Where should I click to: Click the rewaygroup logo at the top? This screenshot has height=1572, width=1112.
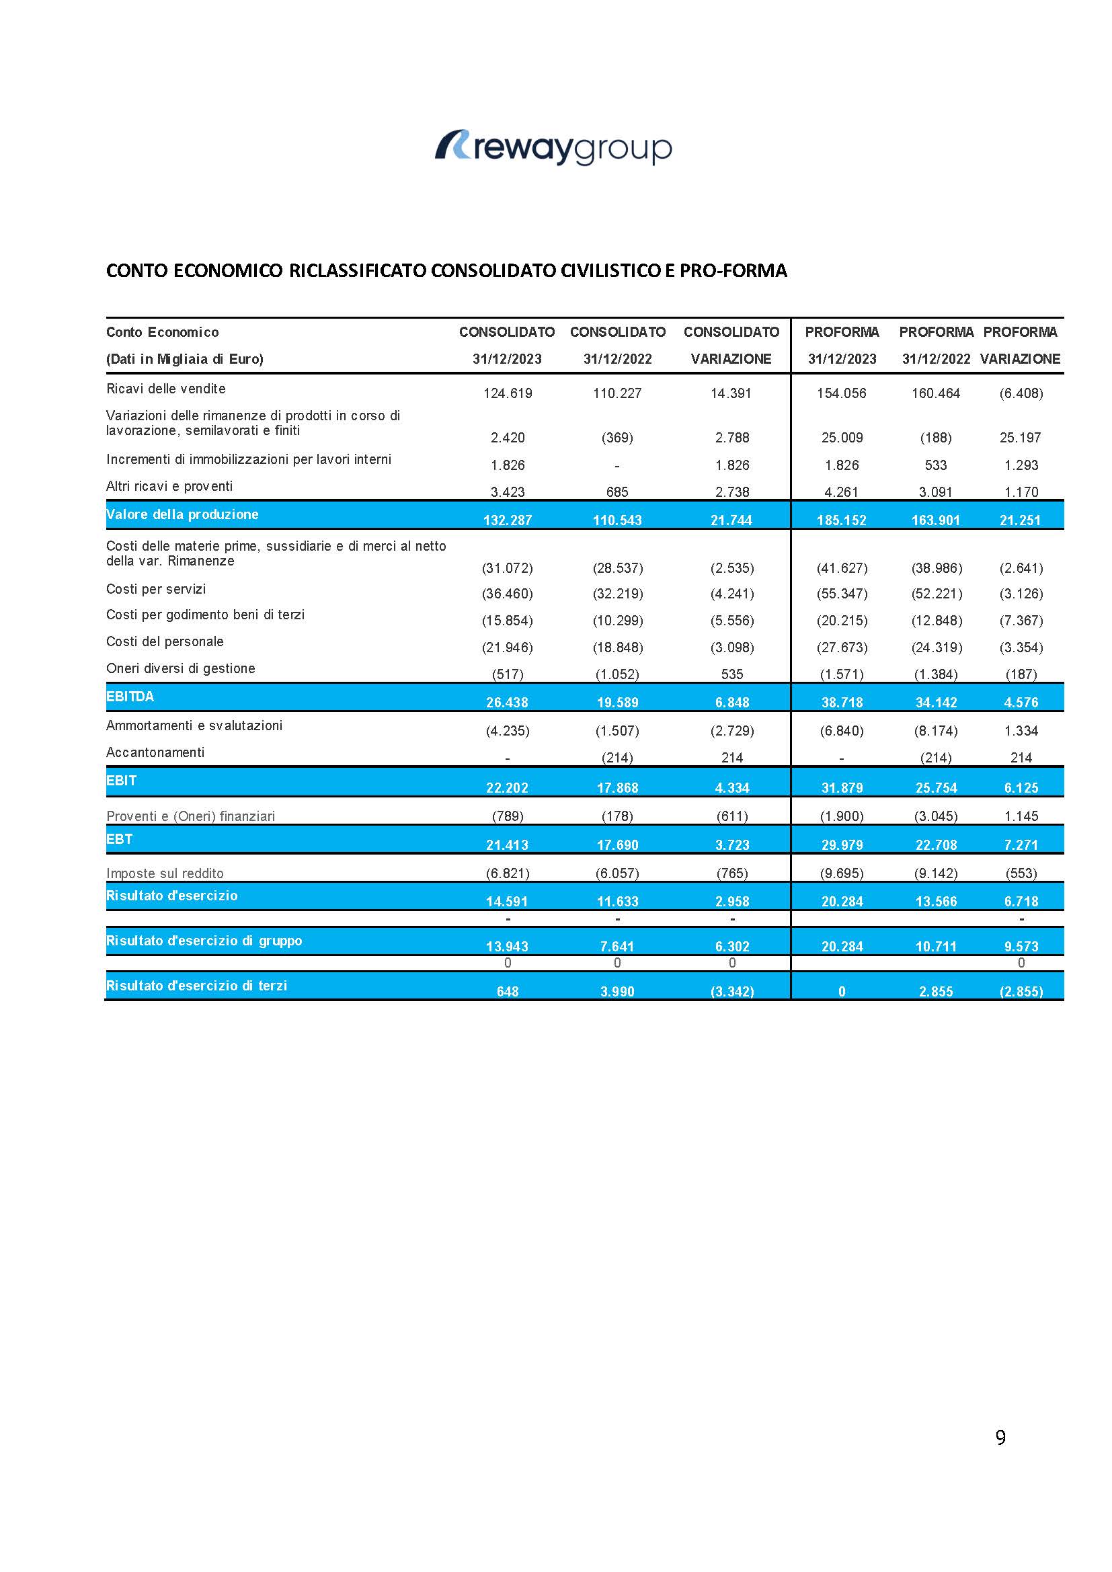(x=553, y=147)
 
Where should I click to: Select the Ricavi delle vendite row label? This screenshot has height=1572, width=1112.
(x=165, y=389)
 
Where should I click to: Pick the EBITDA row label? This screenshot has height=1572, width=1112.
(x=130, y=697)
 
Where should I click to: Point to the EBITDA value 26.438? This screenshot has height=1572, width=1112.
(x=508, y=703)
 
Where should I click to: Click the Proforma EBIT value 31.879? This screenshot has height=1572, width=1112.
(x=842, y=788)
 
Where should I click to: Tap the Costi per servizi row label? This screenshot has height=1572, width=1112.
(x=156, y=589)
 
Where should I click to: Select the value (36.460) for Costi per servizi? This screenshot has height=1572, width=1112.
(x=508, y=594)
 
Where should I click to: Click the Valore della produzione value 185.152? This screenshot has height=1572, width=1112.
(x=842, y=520)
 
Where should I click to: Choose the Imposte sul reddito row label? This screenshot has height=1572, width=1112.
(x=165, y=873)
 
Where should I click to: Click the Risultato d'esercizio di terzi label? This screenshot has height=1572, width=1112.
(x=196, y=986)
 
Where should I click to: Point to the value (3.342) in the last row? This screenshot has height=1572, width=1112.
(x=732, y=991)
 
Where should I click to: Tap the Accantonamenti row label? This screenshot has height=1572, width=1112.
(x=155, y=752)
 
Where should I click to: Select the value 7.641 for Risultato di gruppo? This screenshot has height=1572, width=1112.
(x=617, y=947)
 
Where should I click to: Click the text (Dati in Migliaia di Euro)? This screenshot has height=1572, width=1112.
(x=185, y=359)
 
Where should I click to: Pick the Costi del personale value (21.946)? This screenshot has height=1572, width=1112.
(x=508, y=647)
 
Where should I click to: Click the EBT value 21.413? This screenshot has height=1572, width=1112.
(x=508, y=846)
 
